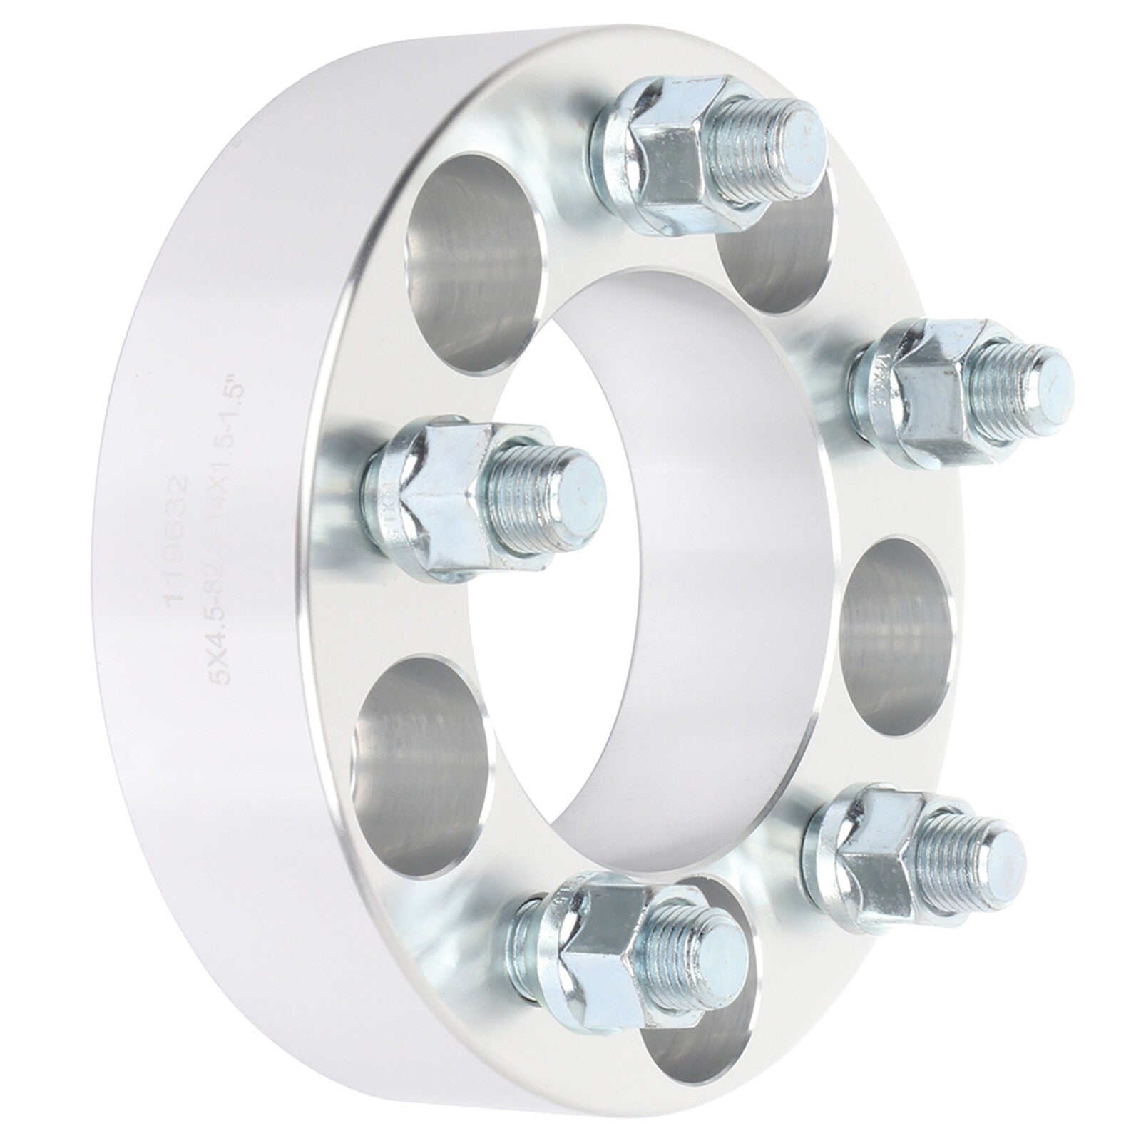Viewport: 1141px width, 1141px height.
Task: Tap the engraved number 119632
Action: point(178,542)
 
